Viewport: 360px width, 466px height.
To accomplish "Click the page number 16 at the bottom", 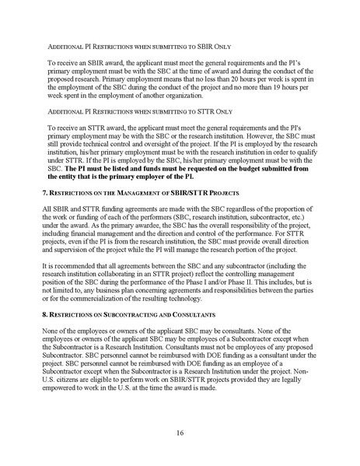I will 180,430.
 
